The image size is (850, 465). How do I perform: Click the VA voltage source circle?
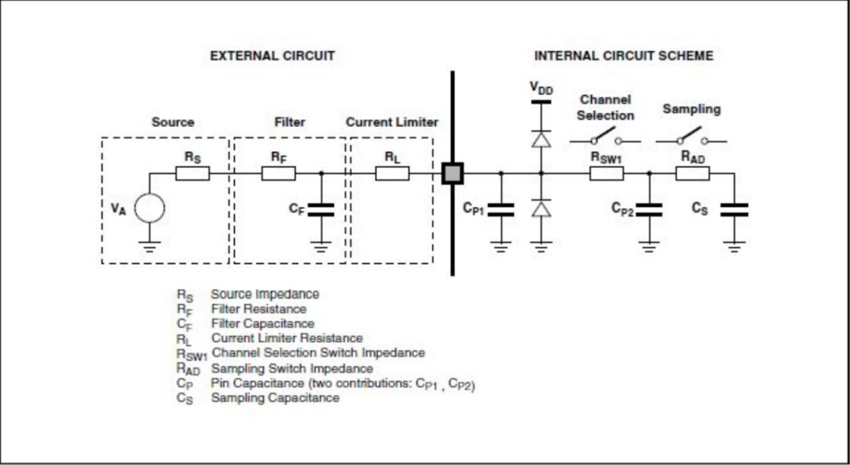[150, 208]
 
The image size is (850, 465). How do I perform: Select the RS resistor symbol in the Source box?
[193, 173]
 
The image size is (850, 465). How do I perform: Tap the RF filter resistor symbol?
[278, 173]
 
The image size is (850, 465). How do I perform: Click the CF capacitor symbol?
[321, 209]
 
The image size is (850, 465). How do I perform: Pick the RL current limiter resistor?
[392, 173]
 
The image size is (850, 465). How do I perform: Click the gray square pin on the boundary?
[452, 173]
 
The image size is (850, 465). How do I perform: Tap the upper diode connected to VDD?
[541, 138]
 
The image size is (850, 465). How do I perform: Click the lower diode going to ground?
[541, 208]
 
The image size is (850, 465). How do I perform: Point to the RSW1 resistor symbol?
[606, 173]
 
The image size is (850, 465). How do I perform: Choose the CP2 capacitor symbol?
[649, 209]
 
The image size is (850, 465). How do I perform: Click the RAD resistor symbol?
[692, 173]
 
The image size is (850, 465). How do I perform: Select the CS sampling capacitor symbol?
[733, 209]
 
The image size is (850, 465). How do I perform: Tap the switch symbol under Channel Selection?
[606, 138]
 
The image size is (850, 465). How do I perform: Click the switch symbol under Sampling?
[692, 137]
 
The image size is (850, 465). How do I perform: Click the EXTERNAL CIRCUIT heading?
[272, 56]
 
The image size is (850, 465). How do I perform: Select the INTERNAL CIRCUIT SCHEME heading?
[623, 56]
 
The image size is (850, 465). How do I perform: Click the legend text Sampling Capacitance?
[275, 398]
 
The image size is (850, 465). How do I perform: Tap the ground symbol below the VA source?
[150, 247]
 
